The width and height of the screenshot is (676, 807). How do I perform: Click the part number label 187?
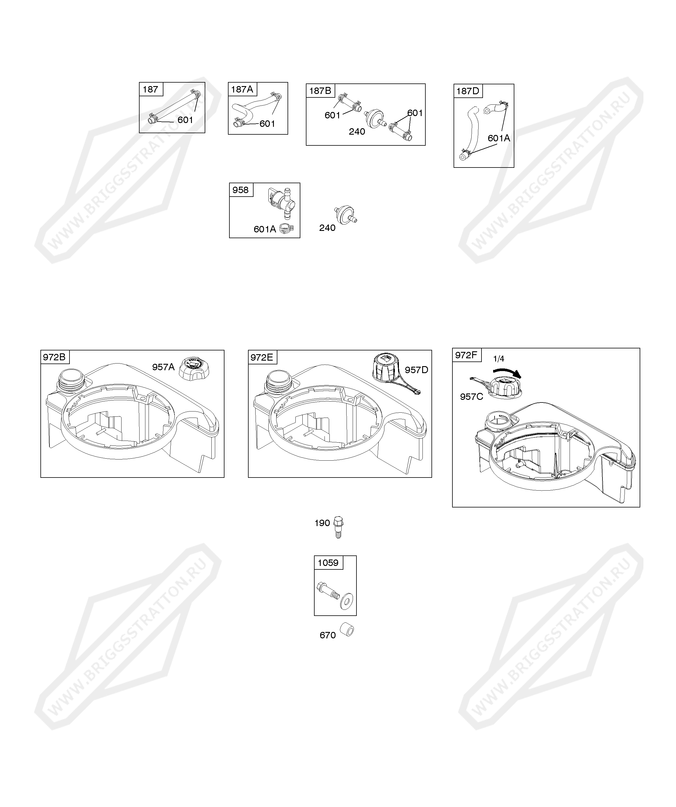click(150, 89)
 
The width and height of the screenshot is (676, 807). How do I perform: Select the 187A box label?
click(242, 90)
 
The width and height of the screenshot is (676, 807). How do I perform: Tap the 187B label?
click(320, 91)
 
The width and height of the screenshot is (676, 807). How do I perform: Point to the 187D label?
click(468, 91)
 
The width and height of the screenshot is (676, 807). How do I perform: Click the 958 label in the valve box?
click(240, 190)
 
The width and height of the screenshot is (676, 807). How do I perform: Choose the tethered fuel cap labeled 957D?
click(392, 373)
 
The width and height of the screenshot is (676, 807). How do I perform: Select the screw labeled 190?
click(338, 526)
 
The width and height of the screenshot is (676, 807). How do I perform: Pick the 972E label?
click(262, 357)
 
